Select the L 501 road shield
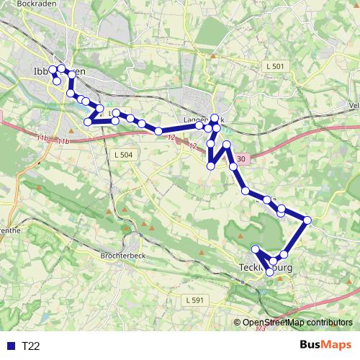[275, 66]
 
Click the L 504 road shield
[123, 155]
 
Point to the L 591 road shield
[194, 300]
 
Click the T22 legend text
[30, 346]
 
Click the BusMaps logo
[325, 346]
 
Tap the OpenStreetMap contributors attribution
[297, 323]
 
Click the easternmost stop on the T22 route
[307, 220]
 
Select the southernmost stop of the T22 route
[269, 271]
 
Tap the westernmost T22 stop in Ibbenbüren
[53, 70]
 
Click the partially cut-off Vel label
[353, 105]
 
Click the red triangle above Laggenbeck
[212, 54]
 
